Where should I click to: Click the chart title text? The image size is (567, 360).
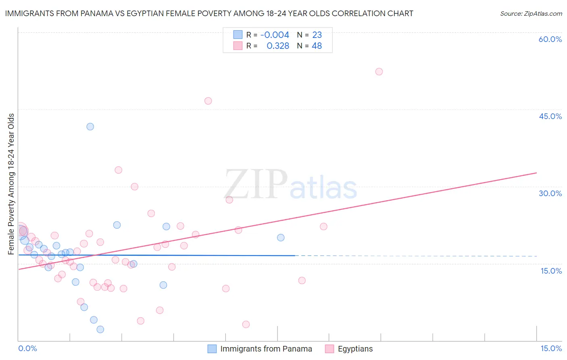(x=209, y=13)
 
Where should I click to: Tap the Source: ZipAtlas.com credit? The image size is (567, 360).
(x=531, y=13)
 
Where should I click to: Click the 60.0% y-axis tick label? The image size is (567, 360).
(x=550, y=39)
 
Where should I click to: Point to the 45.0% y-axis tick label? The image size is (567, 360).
(x=550, y=116)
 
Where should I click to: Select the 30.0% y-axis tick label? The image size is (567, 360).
(x=550, y=193)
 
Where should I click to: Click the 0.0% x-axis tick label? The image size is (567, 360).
(x=27, y=348)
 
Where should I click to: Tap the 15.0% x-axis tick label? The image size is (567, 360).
(x=551, y=348)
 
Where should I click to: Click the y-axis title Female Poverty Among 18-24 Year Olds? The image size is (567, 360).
(x=11, y=184)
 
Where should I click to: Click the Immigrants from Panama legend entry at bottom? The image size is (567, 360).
(x=266, y=349)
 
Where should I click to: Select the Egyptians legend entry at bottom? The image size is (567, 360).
(x=355, y=349)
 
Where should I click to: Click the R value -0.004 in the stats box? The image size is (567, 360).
(x=275, y=35)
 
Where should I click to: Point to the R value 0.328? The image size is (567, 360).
(x=278, y=46)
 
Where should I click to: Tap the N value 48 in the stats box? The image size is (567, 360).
(x=317, y=46)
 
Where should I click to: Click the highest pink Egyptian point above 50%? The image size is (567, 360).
(x=379, y=71)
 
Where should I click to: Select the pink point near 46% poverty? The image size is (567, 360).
(x=208, y=101)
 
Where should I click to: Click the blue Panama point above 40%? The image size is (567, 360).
(x=90, y=127)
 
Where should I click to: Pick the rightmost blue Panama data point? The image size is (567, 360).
(x=281, y=238)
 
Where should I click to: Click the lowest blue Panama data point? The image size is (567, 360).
(x=100, y=329)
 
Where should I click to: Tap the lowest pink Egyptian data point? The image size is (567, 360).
(x=246, y=324)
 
